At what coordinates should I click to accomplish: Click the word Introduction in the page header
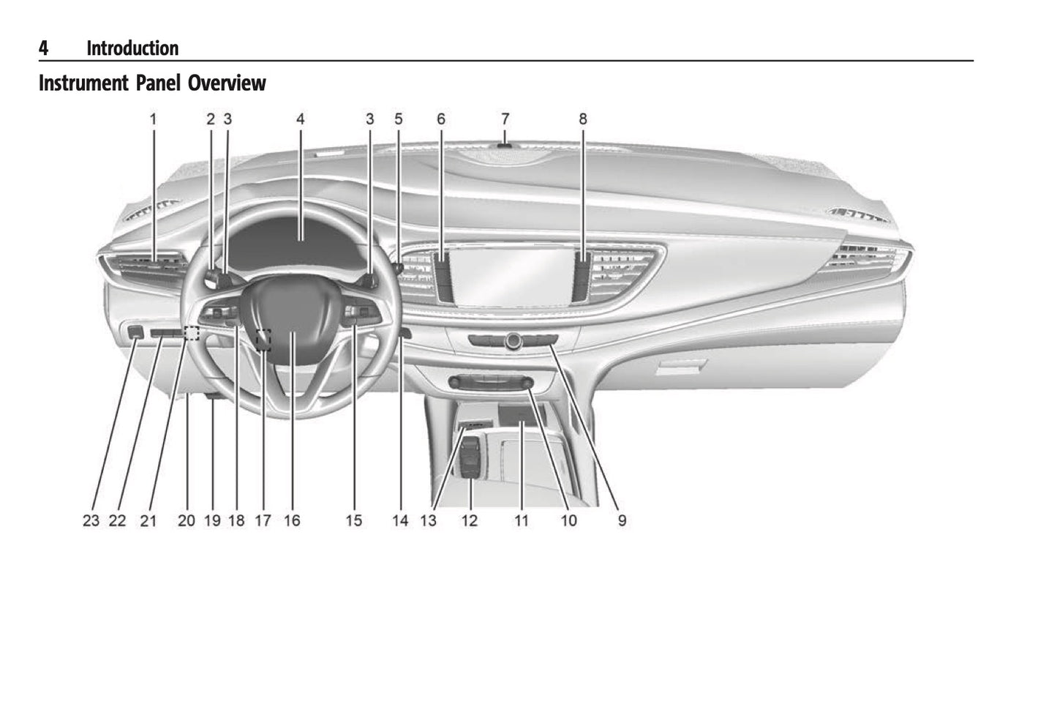tap(132, 48)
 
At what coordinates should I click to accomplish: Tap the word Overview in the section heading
tap(227, 83)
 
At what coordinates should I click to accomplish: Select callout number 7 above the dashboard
tap(505, 119)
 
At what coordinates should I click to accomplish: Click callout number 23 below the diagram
tap(91, 520)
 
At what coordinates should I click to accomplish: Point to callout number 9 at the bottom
tap(622, 520)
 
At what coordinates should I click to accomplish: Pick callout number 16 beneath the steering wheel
tap(292, 520)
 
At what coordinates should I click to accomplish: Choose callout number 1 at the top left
tap(153, 119)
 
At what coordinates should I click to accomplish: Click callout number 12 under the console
tap(470, 520)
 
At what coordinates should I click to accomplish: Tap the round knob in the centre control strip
tap(513, 340)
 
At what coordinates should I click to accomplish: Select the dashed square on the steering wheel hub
tap(263, 340)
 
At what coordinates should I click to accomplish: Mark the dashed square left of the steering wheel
tap(192, 334)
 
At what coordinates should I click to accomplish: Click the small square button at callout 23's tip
tap(135, 332)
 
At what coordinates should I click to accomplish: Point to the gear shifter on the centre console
tap(470, 457)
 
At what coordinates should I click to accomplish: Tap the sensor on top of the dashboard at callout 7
tap(505, 146)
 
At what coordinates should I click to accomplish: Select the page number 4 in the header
tap(43, 48)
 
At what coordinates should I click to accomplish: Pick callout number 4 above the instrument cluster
tap(301, 119)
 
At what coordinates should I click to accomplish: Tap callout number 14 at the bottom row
tap(401, 520)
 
